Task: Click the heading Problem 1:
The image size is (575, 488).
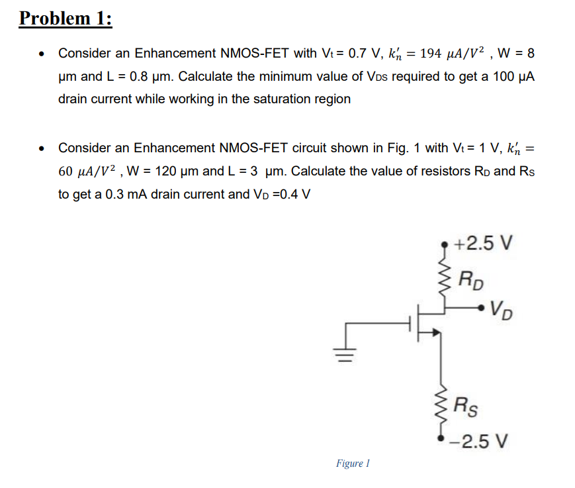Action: pos(66,18)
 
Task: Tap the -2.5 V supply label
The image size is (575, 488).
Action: pos(480,440)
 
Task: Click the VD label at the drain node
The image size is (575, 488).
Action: pos(503,310)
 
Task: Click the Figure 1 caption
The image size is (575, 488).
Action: pos(353,464)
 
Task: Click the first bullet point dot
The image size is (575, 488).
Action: pos(42,53)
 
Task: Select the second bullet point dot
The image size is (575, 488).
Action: pos(42,148)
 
